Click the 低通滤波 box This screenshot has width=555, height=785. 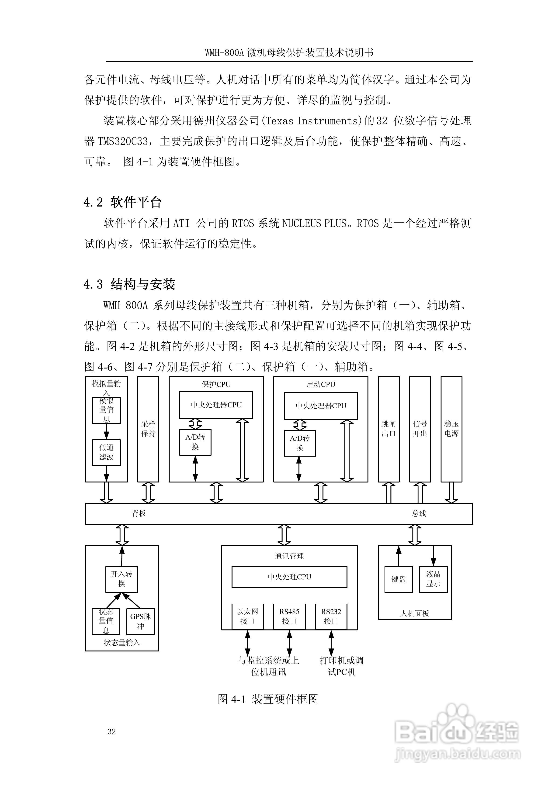(106, 452)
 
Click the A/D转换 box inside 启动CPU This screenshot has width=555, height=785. (300, 443)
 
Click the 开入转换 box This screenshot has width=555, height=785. (121, 579)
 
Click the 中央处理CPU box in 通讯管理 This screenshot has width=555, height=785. (289, 577)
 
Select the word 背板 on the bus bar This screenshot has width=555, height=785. (139, 513)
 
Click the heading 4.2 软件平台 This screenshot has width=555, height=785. (122, 202)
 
